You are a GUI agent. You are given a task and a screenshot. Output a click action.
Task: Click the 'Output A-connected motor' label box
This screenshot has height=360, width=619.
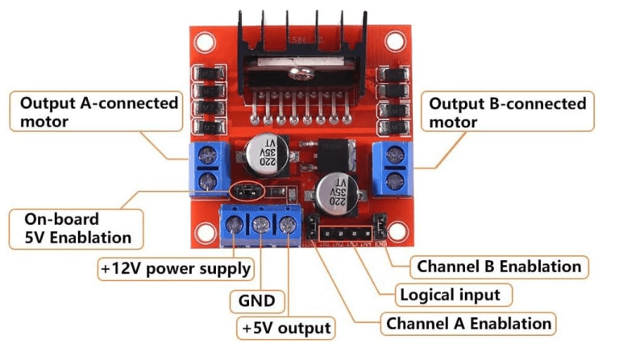pos(98,113)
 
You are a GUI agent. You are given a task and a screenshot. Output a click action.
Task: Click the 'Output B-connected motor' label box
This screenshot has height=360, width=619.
pos(508,113)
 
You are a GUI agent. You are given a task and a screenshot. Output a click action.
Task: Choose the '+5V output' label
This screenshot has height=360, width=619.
pos(285,328)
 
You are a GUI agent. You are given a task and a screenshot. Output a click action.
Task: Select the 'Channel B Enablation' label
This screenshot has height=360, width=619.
pos(498,266)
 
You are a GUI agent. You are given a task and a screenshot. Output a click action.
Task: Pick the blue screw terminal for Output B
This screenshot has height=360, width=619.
pos(393,166)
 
